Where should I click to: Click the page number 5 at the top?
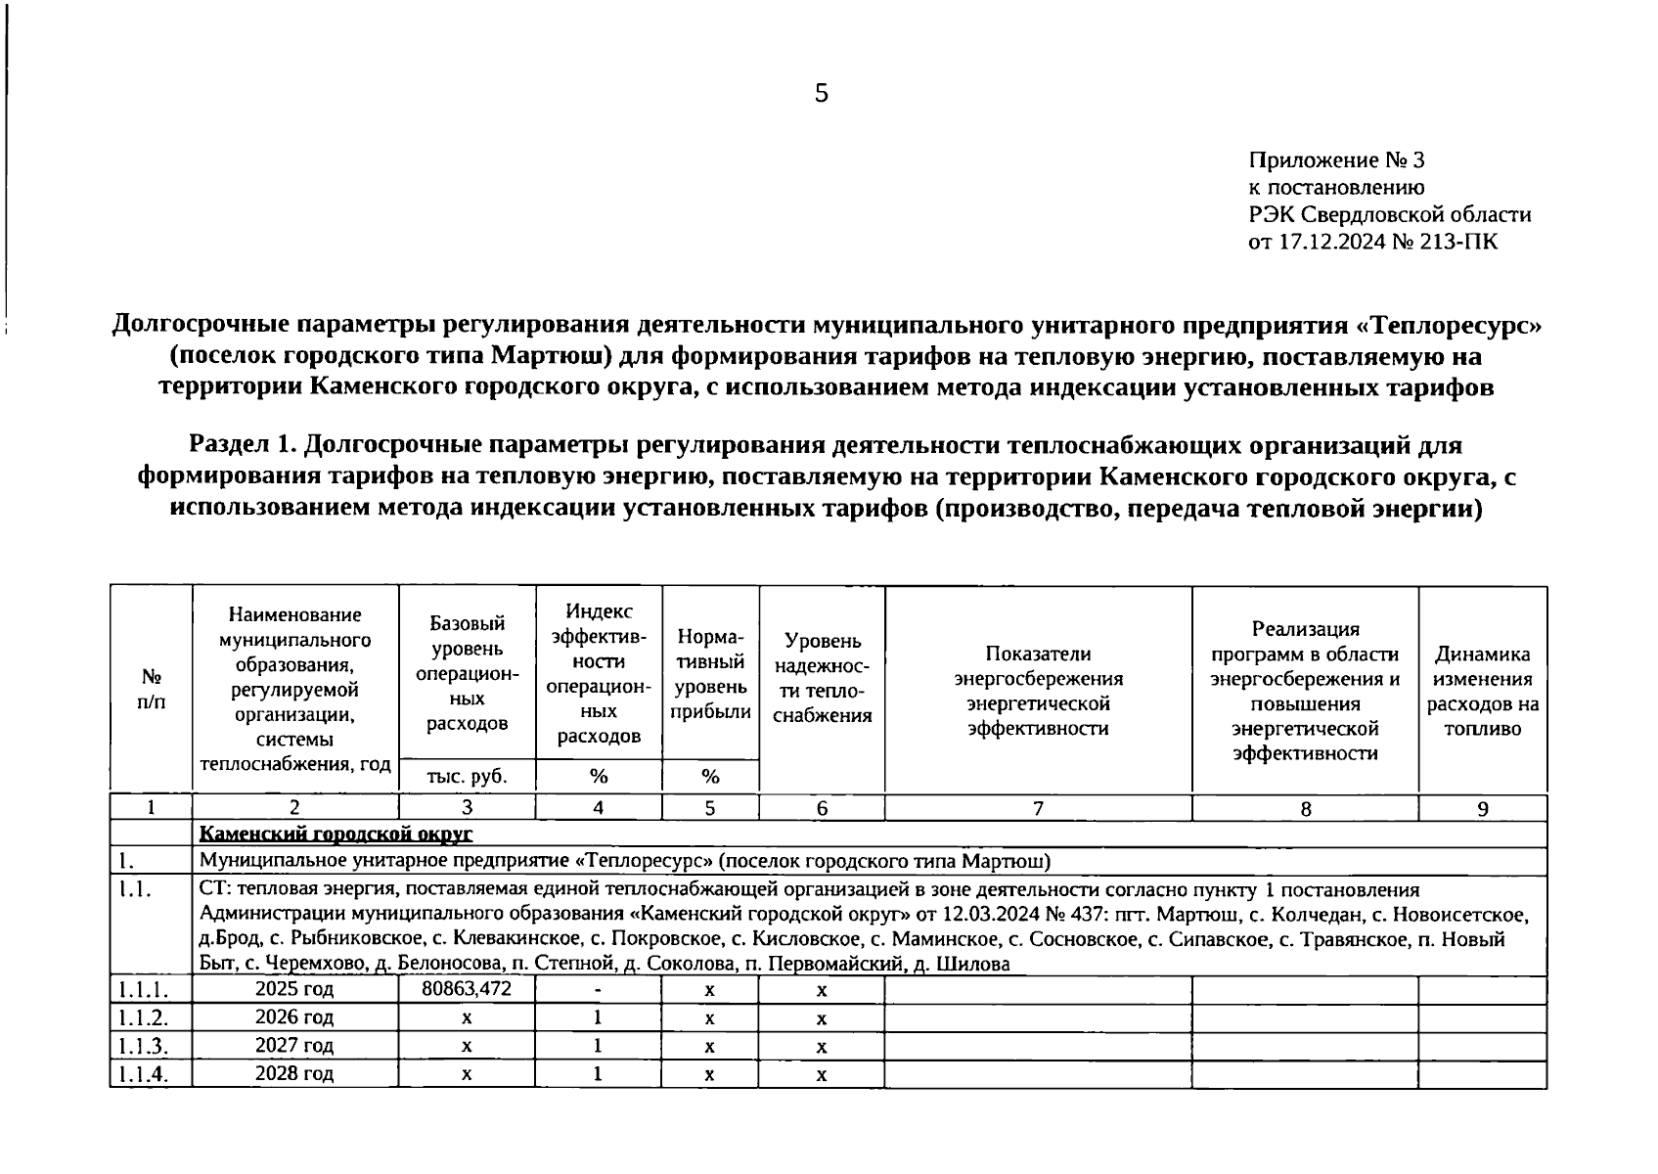tap(821, 94)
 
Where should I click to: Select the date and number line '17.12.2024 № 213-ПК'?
tap(1387, 242)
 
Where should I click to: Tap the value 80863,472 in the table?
tap(467, 989)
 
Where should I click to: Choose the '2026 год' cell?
tap(294, 1017)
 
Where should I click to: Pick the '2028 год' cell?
tap(294, 1073)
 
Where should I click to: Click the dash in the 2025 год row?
tap(598, 990)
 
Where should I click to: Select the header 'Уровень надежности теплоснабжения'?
tap(822, 678)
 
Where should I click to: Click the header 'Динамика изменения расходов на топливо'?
tap(1482, 691)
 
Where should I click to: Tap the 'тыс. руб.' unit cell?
tap(467, 777)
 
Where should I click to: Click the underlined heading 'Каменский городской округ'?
tap(336, 835)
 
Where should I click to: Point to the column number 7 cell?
tap(1038, 808)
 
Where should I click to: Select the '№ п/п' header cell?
tap(152, 689)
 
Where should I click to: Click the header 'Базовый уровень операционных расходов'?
tap(467, 673)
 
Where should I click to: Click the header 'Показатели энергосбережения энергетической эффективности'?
tap(1038, 691)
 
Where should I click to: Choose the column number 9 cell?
tap(1482, 809)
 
